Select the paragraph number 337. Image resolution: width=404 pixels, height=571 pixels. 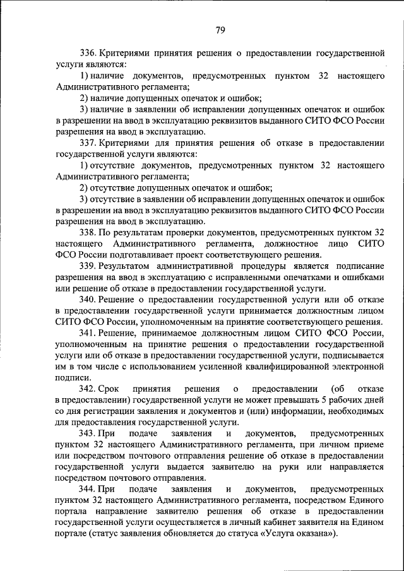[88, 143]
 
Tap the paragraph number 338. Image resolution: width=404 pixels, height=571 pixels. [88, 232]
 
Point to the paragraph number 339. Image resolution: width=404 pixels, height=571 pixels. [88, 266]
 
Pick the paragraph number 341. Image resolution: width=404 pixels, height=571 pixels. [88, 333]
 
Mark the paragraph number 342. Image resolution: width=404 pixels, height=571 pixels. [88, 389]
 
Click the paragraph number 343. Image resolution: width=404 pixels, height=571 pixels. [88, 434]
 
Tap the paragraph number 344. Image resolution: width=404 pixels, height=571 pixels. [88, 490]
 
